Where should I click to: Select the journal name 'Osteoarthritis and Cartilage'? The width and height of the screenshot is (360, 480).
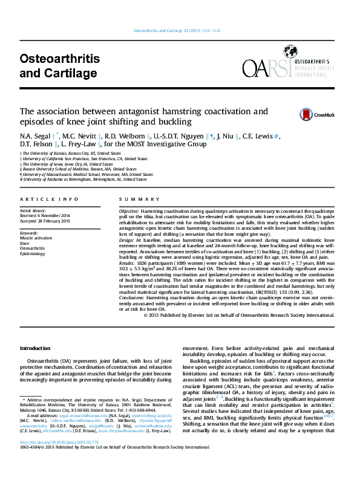pos(59,66)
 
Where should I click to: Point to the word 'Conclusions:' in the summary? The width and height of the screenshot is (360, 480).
pos(132,298)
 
